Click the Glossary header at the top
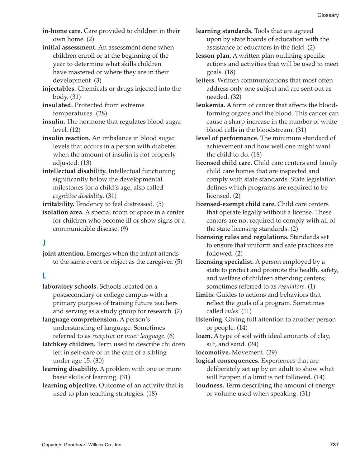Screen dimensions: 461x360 328,15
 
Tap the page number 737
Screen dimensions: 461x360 334,444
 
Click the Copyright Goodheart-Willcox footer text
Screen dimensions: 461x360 82,445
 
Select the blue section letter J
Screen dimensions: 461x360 44,243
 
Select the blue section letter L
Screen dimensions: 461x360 44,276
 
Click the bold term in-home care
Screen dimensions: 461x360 62,31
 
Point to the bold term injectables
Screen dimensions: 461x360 59,89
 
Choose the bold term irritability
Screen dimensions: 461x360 58,204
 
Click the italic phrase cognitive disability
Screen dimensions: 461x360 78,196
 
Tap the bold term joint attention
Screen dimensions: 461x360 64,254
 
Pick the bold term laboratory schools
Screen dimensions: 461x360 70,286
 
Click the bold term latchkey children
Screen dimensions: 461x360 69,344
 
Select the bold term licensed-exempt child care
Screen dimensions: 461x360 235,204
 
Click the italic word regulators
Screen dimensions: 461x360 291,286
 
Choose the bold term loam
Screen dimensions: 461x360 204,336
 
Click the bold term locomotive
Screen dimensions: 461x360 213,353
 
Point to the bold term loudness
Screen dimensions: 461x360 210,386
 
